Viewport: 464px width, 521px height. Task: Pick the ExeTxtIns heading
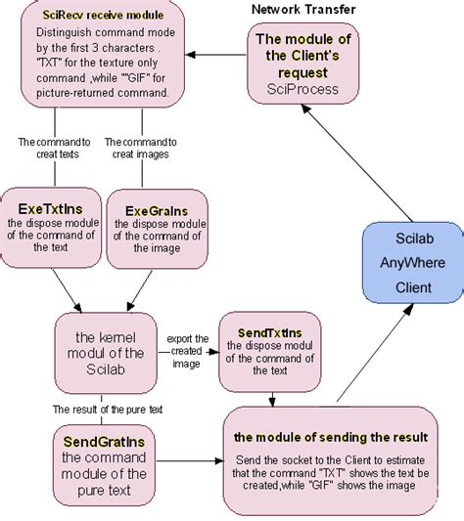(50, 208)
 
